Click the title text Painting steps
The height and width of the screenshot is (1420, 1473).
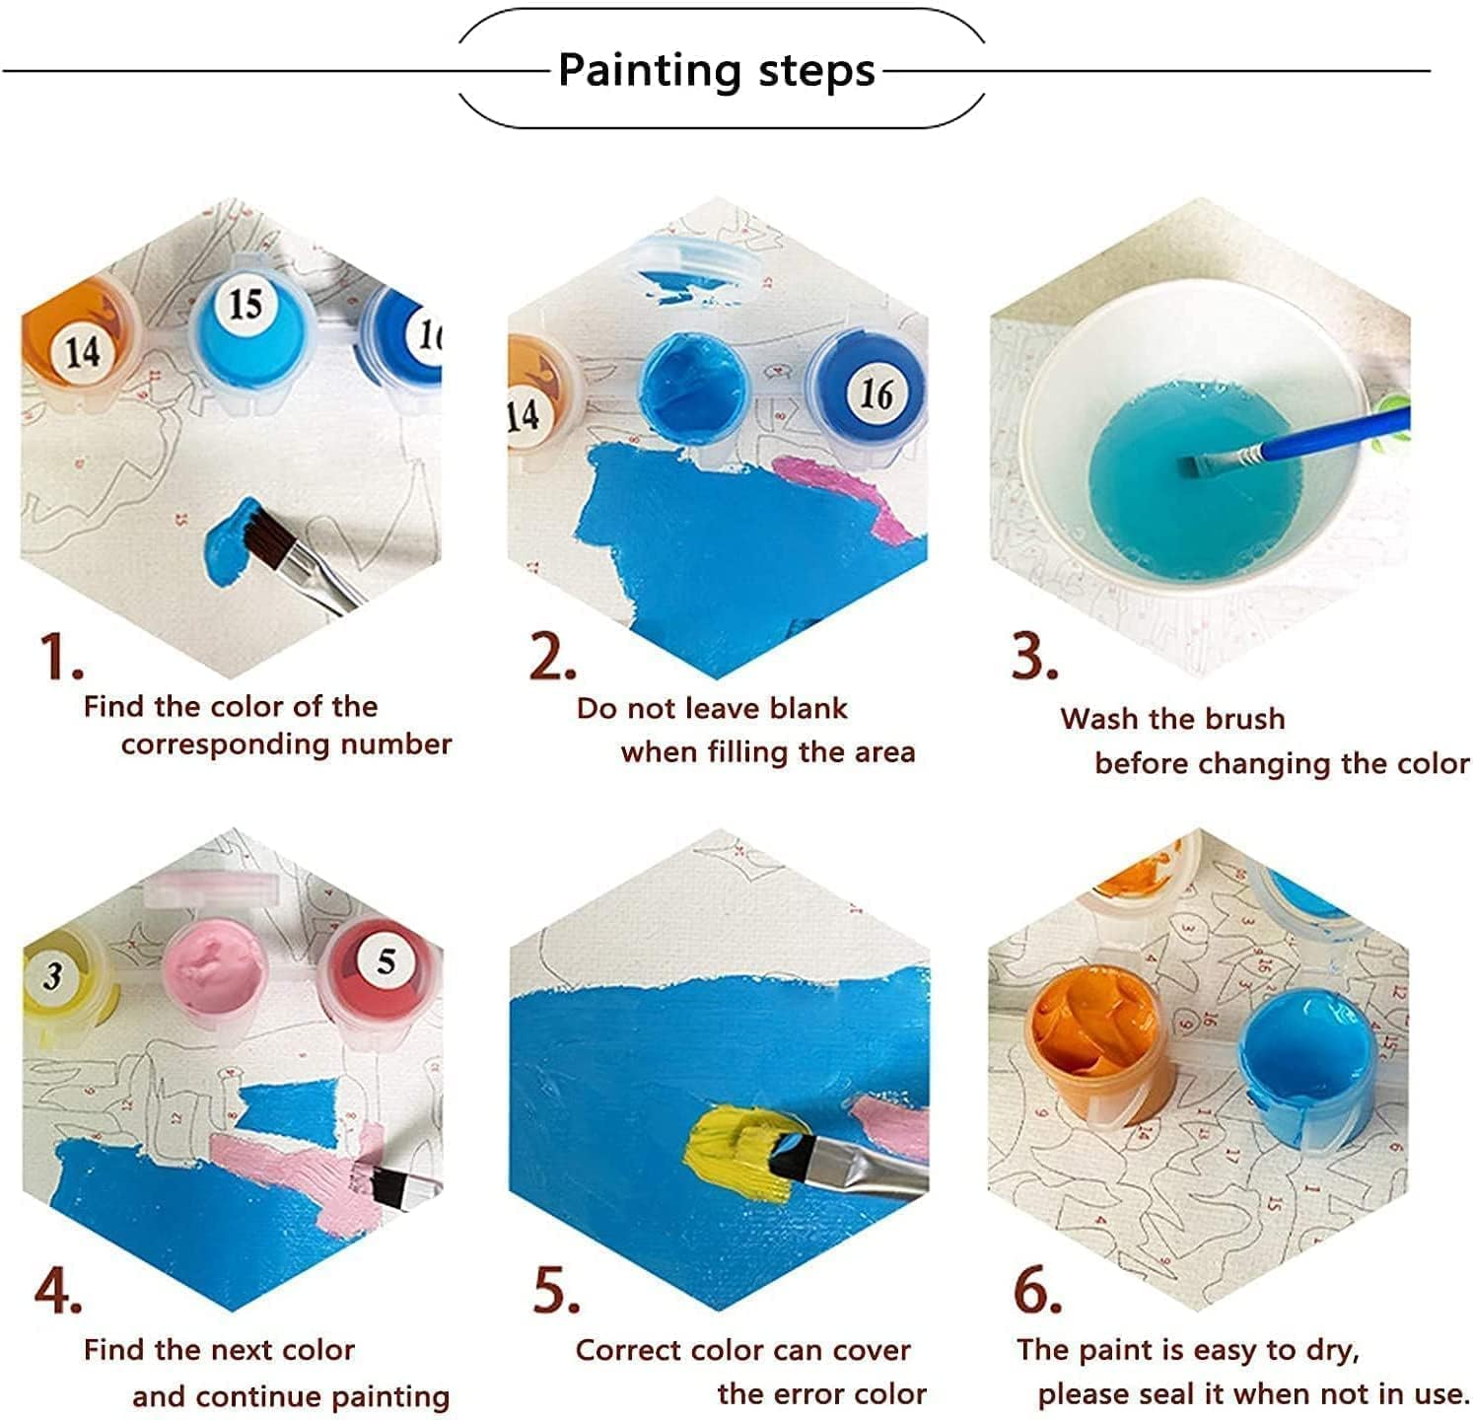coord(717,70)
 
